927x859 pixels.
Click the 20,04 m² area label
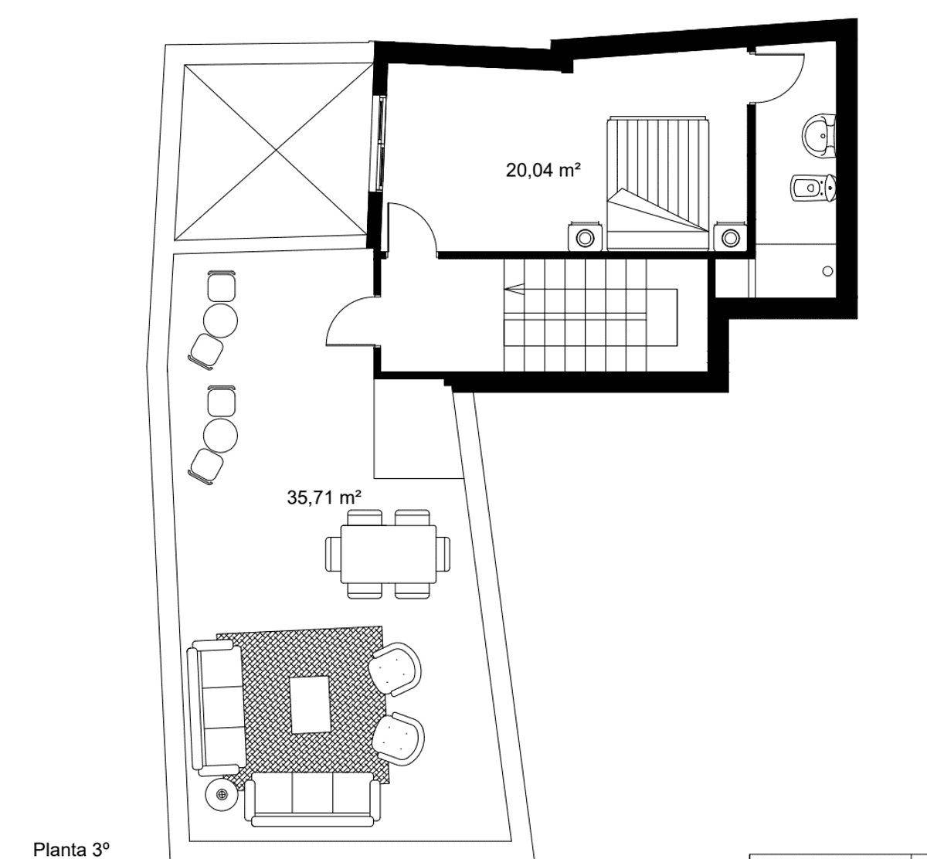point(543,170)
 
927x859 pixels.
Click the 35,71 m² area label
point(324,497)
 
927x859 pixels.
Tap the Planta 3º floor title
point(71,849)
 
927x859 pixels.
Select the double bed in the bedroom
point(657,184)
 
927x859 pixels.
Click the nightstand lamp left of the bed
point(585,239)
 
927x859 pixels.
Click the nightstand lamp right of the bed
point(731,239)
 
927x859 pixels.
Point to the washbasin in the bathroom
point(819,135)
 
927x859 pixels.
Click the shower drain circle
point(827,271)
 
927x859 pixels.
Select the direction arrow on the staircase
point(514,290)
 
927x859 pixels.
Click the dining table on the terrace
point(389,554)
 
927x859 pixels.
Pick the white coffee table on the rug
point(311,705)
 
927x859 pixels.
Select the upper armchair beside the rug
point(395,669)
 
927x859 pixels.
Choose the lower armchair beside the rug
point(398,738)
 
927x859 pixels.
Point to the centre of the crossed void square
point(276,151)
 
